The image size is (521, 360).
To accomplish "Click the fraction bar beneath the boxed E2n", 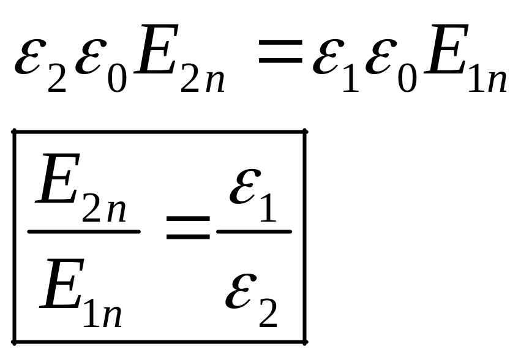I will coord(84,231).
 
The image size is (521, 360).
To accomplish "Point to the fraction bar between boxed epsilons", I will coord(254,231).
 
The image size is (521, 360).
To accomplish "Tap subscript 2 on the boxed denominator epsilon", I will coord(269,314).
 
